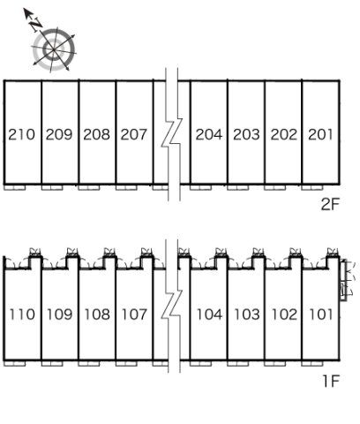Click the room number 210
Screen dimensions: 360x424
coord(21,134)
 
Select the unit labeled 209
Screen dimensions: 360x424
coord(59,134)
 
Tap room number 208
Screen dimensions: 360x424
coord(96,134)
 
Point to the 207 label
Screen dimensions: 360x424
coord(134,134)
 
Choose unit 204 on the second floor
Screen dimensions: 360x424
coord(209,134)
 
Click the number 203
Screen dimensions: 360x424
coord(246,134)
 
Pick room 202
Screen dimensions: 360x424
coord(284,134)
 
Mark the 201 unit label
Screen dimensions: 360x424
coord(320,134)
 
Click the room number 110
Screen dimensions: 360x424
coord(22,314)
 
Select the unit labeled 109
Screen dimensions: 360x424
coord(60,314)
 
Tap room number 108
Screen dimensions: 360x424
coord(97,314)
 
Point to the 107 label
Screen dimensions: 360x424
coord(134,314)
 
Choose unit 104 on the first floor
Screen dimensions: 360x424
coord(209,314)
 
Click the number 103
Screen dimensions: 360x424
coord(247,314)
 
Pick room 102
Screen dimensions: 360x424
coord(284,314)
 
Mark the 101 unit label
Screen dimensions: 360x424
coord(321,314)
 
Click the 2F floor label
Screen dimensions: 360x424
coord(330,204)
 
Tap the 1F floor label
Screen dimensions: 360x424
coord(331,381)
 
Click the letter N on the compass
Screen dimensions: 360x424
coord(36,25)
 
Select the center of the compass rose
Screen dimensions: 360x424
coord(54,49)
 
